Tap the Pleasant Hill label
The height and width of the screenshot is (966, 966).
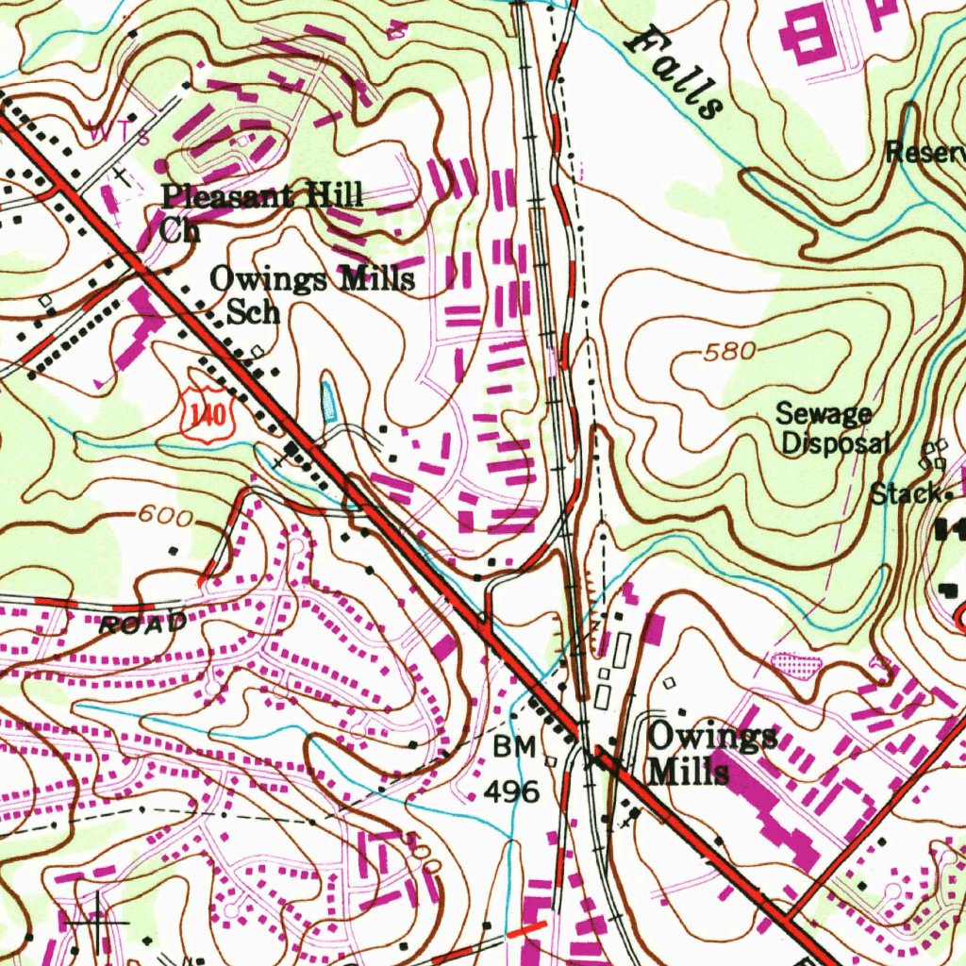click(x=261, y=196)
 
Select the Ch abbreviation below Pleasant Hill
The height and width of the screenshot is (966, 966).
click(x=178, y=229)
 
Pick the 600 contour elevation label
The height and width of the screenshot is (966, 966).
click(x=165, y=517)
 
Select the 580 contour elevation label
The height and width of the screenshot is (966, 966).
click(x=729, y=352)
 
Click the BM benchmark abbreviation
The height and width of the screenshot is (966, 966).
click(x=515, y=748)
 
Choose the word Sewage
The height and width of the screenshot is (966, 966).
click(x=824, y=413)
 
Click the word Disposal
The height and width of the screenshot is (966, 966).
click(x=836, y=442)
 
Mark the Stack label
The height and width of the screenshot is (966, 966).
click(x=904, y=492)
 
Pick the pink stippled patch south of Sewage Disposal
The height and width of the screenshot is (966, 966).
click(x=795, y=662)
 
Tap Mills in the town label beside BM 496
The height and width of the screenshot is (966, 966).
click(x=689, y=773)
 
